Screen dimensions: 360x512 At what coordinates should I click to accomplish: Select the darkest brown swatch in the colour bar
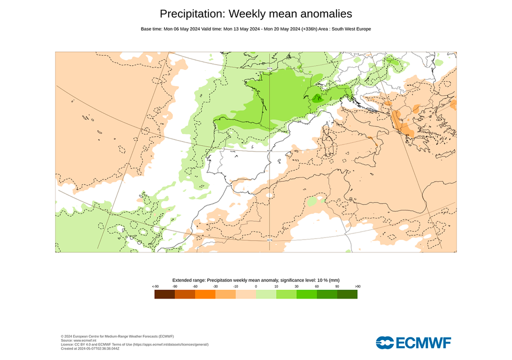click(x=164, y=294)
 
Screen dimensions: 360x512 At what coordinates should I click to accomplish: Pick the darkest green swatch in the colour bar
click(x=347, y=294)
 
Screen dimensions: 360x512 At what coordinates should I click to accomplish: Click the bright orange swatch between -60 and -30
click(x=205, y=294)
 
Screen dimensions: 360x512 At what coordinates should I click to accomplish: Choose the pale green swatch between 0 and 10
click(x=266, y=294)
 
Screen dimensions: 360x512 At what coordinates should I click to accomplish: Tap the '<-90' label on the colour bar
click(x=155, y=286)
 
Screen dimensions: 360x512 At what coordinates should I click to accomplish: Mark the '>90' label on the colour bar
click(x=357, y=286)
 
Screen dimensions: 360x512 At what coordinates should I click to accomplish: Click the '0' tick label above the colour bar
click(x=256, y=286)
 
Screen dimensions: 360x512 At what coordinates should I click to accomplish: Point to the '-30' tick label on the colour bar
click(x=215, y=286)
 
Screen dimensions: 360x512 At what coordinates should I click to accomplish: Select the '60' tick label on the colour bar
click(x=317, y=286)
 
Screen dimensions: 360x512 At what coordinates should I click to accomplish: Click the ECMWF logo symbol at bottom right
click(x=385, y=342)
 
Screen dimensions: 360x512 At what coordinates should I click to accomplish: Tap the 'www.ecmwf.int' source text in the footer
click(x=86, y=340)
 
